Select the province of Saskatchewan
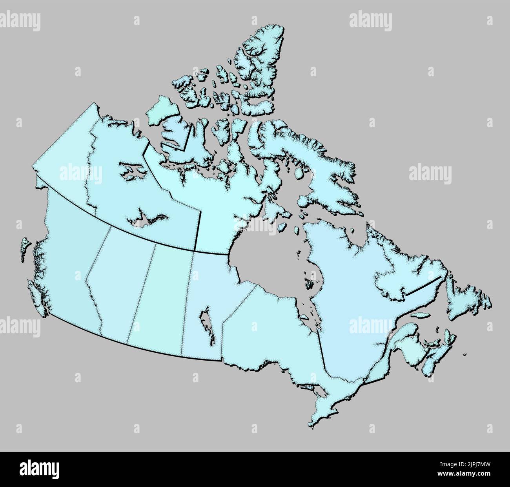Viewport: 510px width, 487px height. pos(161,294)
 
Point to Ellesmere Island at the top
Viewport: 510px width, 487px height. pos(255,63)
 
